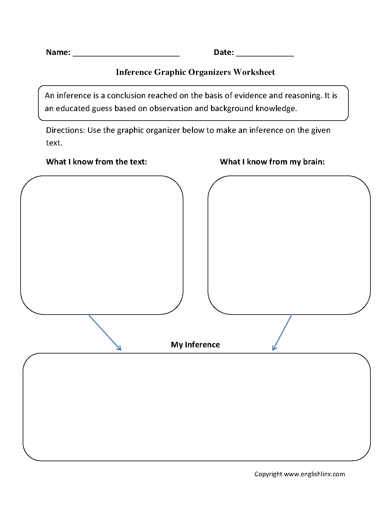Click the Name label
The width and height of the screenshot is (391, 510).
58,52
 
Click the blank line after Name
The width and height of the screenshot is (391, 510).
126,55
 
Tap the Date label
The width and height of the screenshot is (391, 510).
224,52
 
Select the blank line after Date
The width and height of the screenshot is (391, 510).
265,55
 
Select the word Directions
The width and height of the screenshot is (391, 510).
65,130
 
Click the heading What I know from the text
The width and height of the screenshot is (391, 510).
97,162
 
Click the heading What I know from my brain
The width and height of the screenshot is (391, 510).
272,162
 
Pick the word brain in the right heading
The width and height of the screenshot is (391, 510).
313,162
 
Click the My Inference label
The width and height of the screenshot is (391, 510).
195,345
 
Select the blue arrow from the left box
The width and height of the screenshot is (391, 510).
104,332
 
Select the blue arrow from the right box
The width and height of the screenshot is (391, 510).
282,332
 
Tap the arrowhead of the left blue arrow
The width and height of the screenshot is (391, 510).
120,349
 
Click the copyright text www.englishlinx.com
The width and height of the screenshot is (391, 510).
314,474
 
